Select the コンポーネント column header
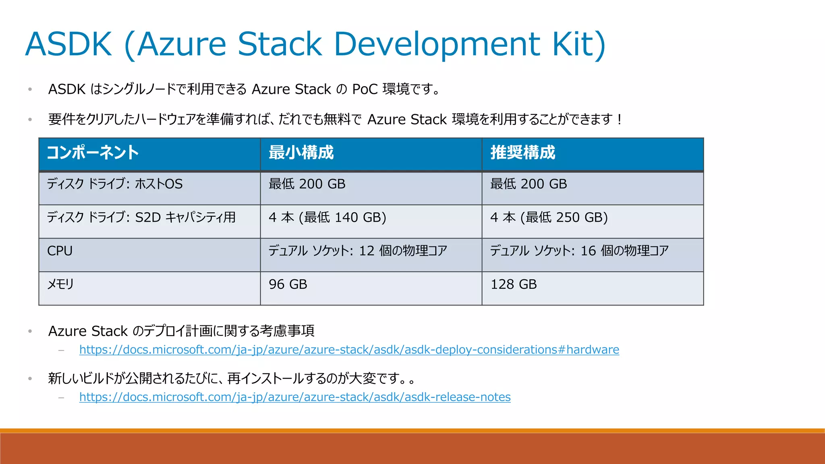click(93, 153)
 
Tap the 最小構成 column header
click(301, 153)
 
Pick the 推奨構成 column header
click(522, 153)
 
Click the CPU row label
click(60, 251)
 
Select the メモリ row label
click(60, 284)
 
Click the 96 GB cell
click(288, 284)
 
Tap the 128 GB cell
click(513, 284)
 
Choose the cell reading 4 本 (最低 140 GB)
click(327, 217)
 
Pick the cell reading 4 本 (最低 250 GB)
click(549, 217)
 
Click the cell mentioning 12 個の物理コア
click(358, 251)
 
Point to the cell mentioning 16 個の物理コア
click(579, 251)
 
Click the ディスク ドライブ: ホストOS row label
click(114, 184)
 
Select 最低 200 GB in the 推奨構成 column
click(528, 184)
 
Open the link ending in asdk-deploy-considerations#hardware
click(349, 350)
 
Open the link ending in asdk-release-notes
click(294, 397)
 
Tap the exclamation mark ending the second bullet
click(619, 120)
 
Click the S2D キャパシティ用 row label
click(141, 217)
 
